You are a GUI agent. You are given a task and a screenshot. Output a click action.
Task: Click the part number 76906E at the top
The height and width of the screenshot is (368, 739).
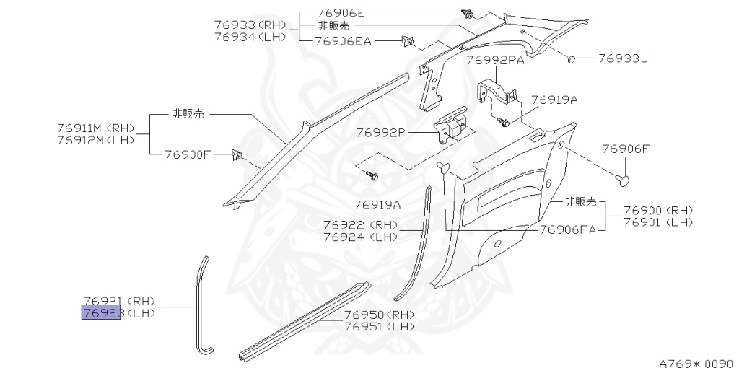pyautogui.click(x=342, y=13)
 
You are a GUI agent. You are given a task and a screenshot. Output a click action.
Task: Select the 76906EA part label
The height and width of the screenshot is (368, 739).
pyautogui.click(x=344, y=41)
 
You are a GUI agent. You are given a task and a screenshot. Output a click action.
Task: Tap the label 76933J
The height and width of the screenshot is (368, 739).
pyautogui.click(x=623, y=58)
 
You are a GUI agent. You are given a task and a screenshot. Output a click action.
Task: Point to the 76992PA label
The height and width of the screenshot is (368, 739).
pyautogui.click(x=495, y=61)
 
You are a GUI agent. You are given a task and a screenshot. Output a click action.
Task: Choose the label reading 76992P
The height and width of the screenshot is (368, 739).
pyautogui.click(x=381, y=133)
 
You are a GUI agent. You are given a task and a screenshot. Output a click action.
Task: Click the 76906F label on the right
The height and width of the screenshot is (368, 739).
pyautogui.click(x=626, y=149)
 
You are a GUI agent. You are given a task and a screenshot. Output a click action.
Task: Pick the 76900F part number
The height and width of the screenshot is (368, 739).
pyautogui.click(x=187, y=154)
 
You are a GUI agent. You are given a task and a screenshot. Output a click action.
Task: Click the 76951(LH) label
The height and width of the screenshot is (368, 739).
pyautogui.click(x=380, y=327)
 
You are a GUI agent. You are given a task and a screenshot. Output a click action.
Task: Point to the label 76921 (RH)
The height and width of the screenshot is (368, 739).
pyautogui.click(x=119, y=301)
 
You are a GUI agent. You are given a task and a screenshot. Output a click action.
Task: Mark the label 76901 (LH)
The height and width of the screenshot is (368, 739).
pyautogui.click(x=657, y=222)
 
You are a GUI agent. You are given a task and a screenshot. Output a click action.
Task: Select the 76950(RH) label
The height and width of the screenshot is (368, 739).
pyautogui.click(x=380, y=315)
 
